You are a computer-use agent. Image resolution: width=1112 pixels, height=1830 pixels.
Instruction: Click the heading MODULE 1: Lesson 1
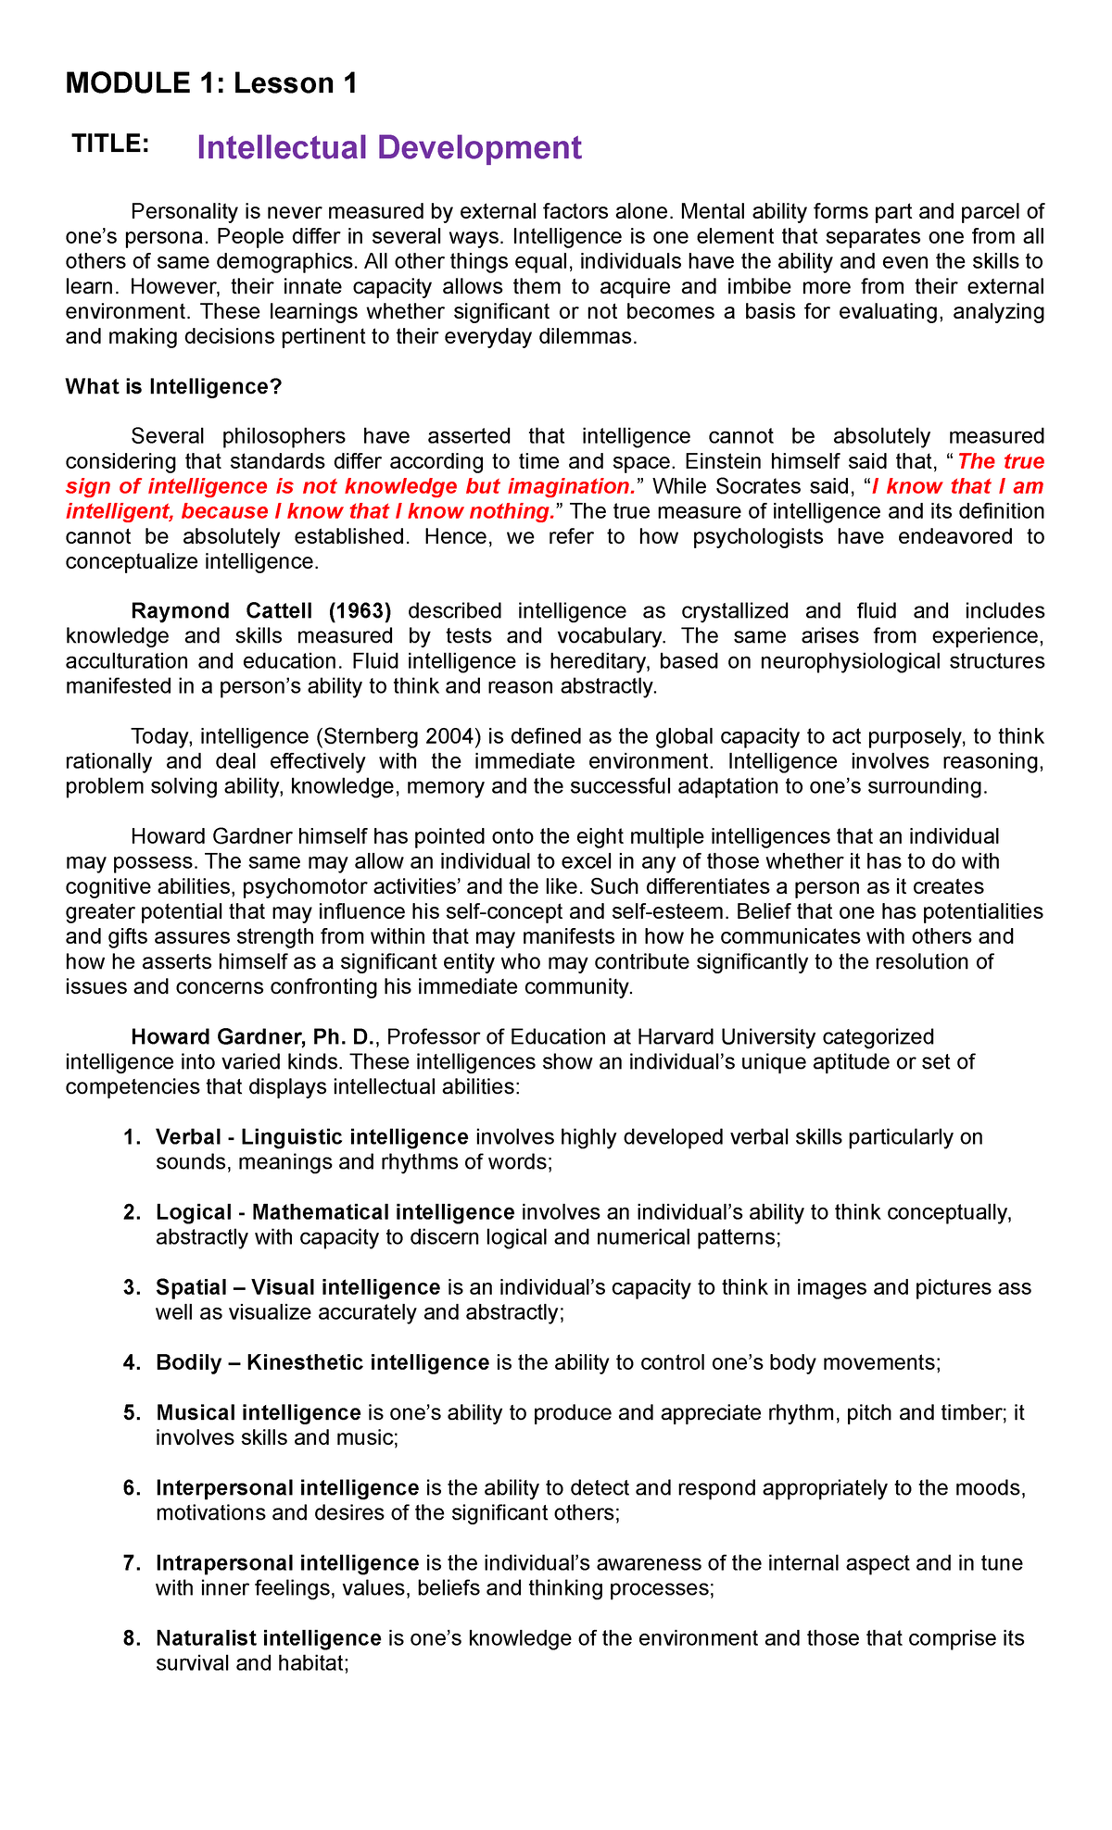pos(211,84)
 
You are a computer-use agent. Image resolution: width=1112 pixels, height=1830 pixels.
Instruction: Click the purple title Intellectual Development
pos(389,148)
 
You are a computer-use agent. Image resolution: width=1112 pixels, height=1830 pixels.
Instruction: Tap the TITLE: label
pos(110,144)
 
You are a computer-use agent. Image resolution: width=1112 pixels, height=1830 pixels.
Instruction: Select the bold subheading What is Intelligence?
pos(173,387)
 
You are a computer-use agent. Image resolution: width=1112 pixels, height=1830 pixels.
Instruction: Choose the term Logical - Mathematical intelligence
pos(335,1212)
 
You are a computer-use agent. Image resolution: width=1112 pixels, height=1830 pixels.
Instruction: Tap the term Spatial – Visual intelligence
pos(298,1287)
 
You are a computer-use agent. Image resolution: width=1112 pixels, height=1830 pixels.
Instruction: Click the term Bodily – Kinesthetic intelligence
pos(322,1362)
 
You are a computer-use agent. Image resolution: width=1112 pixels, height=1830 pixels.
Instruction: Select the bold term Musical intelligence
pos(259,1412)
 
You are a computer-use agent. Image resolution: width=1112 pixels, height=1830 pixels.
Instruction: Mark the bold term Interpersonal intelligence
pos(288,1488)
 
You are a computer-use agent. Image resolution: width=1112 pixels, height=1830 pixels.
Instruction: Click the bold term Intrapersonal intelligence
pos(288,1563)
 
